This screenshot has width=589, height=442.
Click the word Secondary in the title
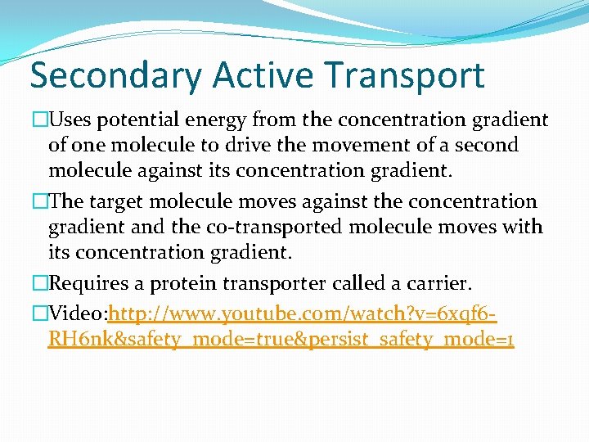tap(115, 75)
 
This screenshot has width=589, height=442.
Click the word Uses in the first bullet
tap(70, 120)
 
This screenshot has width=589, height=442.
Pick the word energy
tap(221, 120)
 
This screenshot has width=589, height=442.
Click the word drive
tap(238, 146)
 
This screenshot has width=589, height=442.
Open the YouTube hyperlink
tap(303, 313)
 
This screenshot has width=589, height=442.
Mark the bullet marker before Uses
tap(41, 120)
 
